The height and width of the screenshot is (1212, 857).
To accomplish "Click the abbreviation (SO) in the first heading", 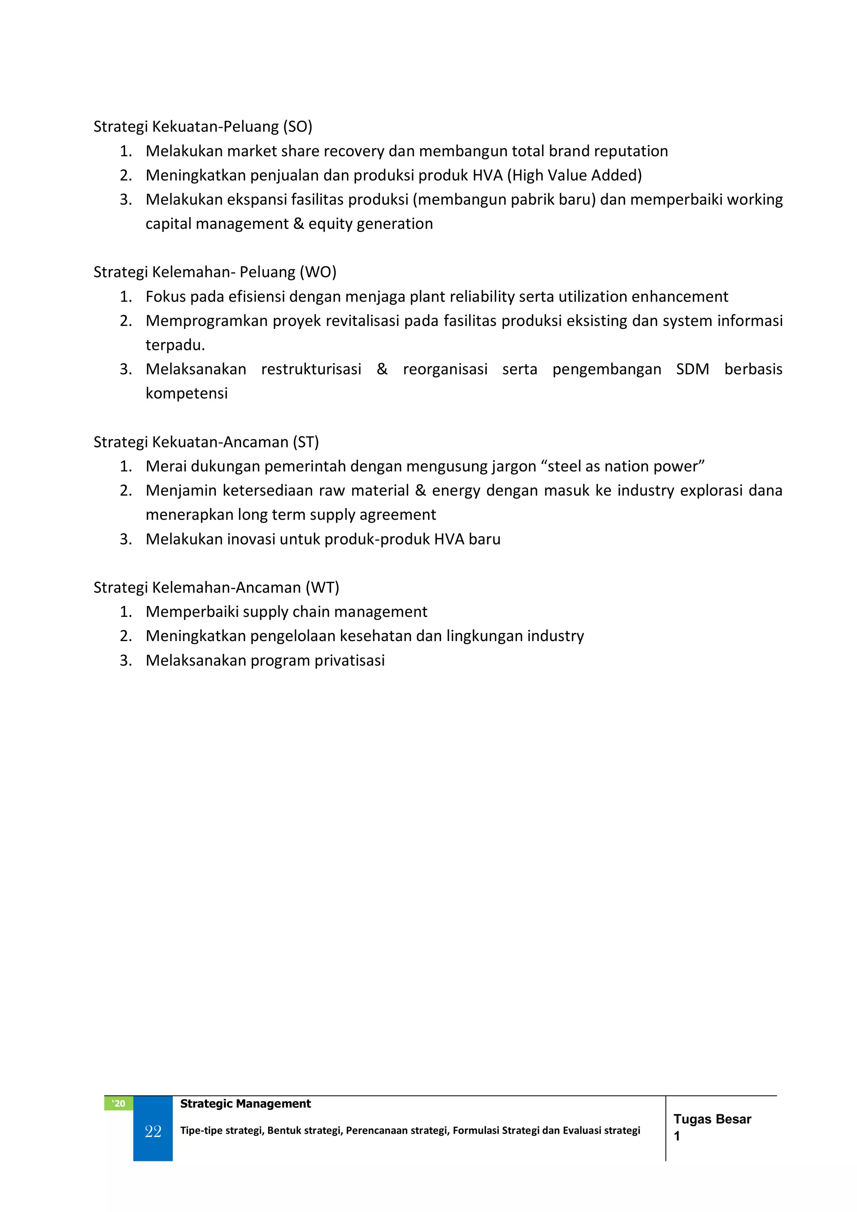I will pos(298,127).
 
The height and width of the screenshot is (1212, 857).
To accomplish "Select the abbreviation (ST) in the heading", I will pos(305,442).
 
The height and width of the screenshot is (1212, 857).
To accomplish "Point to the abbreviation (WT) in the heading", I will pos(322,588).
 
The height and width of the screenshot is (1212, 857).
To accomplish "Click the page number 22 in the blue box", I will pos(153,1131).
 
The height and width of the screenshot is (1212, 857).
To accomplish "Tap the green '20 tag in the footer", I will pos(119,1103).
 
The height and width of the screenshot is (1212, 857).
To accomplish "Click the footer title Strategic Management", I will pos(245,1103).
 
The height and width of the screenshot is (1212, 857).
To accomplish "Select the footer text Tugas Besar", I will pos(712,1119).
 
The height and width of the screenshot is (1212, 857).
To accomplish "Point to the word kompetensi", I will pos(186,393).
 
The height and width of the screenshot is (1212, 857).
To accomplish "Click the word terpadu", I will pos(174,345).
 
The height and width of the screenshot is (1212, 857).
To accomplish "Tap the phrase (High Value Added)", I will pos(574,175).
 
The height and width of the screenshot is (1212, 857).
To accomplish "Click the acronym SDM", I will pos(693,369).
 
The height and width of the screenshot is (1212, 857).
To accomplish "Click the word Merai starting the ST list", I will pos(166,466).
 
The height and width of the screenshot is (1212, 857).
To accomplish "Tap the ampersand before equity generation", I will pos(298,224).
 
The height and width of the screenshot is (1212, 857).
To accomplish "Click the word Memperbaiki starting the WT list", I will pos(192,612).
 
